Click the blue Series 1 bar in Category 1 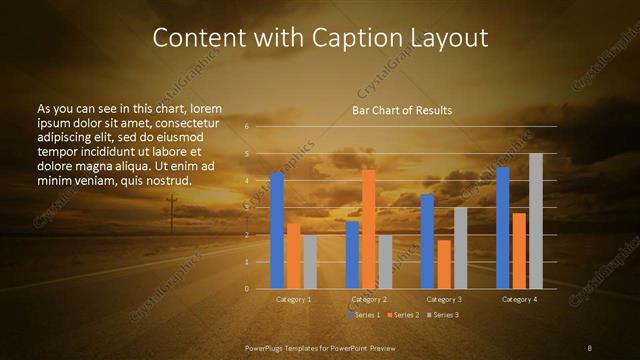(x=277, y=231)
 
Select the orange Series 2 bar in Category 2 (x=369, y=229)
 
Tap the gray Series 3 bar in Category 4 (x=536, y=221)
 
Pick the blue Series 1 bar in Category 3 (x=427, y=241)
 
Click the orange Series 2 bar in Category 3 (x=444, y=264)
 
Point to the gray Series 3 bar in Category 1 (x=310, y=262)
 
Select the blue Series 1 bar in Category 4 (x=503, y=228)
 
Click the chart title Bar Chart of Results (x=402, y=110)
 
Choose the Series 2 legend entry (x=402, y=315)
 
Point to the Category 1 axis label (x=293, y=299)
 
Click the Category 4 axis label (x=519, y=299)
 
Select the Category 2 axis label (x=368, y=299)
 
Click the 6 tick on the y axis (x=247, y=127)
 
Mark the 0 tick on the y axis (x=247, y=289)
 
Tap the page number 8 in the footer (x=590, y=347)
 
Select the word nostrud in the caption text (x=165, y=180)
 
